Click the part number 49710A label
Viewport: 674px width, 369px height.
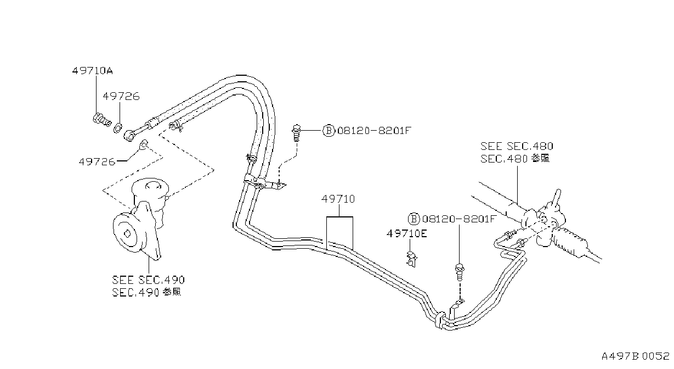pos(92,71)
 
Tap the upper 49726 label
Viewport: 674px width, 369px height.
pos(121,97)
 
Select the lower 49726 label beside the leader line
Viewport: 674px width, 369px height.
pos(97,162)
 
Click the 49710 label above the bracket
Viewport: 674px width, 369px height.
pos(338,199)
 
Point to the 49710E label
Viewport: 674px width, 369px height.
pos(407,233)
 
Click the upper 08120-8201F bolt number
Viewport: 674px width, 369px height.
pos(374,131)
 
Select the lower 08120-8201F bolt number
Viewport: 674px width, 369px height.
pos(458,219)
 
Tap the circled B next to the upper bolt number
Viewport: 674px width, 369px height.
pos(328,131)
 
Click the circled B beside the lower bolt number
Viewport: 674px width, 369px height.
pos(414,219)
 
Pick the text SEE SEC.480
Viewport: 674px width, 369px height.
pos(517,147)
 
